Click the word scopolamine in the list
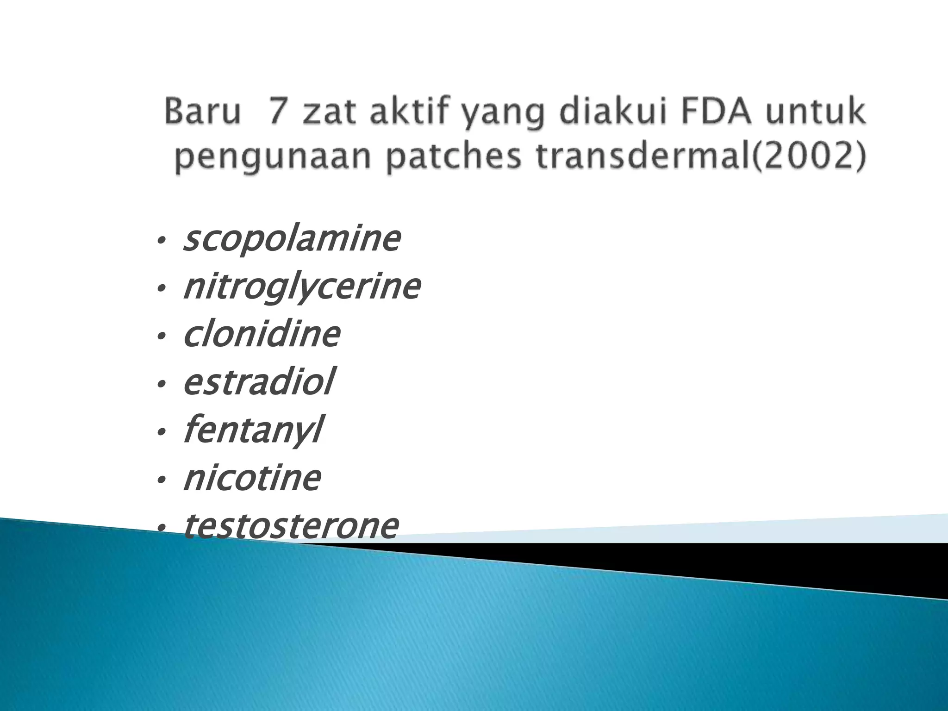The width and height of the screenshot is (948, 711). (292, 240)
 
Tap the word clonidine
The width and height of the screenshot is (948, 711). (262, 336)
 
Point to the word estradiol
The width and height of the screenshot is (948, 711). (258, 383)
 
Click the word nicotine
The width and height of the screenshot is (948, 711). (252, 478)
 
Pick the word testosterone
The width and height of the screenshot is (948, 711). (291, 526)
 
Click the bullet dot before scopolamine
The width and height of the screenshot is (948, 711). (161, 241)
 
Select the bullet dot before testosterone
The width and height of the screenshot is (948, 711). (161, 528)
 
